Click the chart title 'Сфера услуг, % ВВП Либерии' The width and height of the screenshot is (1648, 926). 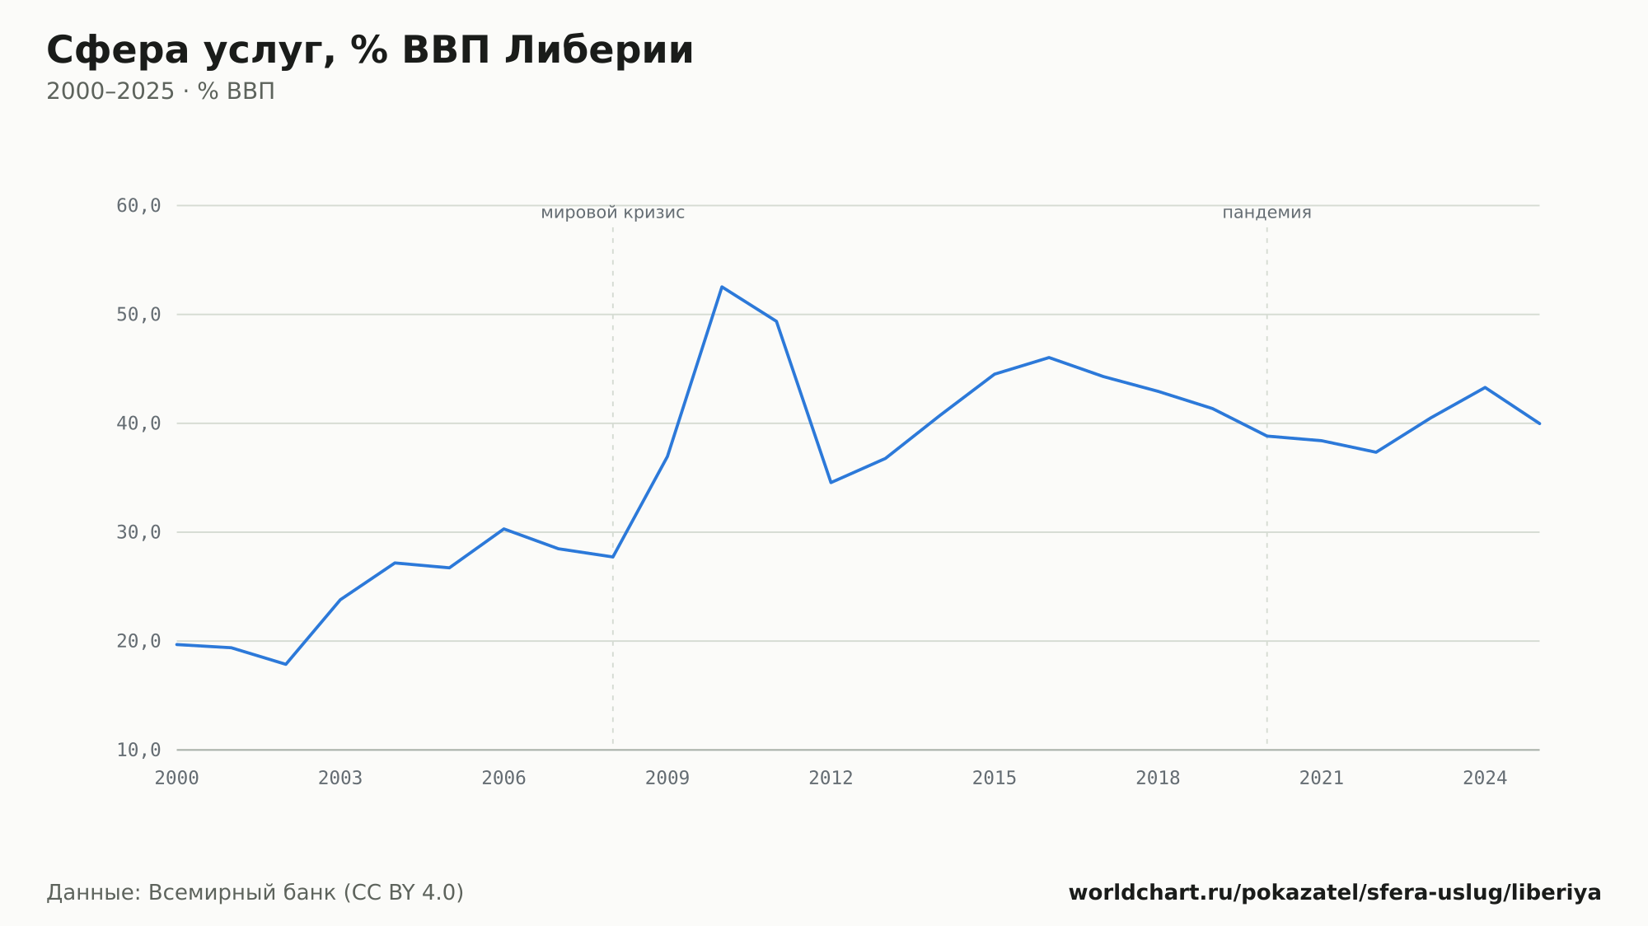pos(370,51)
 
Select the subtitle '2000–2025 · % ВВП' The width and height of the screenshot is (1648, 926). pos(161,91)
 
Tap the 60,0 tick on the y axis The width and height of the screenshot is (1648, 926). pos(138,206)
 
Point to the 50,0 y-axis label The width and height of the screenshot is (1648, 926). pos(138,315)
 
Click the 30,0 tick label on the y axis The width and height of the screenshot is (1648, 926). pos(138,532)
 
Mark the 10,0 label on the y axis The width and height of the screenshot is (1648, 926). pos(138,750)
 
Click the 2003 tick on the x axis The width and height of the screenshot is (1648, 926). pos(340,779)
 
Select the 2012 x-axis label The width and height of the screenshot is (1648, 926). pos(831,779)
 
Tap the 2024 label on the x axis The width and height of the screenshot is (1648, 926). pos(1485,779)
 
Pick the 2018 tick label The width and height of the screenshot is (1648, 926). pos(1158,779)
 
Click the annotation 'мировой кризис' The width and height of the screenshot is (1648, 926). pos(612,213)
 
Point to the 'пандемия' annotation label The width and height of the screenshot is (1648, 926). pos(1266,213)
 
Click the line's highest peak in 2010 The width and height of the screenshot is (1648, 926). pos(722,287)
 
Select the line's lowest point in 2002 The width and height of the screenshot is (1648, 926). pos(286,664)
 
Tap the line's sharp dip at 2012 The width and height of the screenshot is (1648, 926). pos(831,482)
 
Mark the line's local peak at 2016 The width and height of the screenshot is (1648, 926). pos(1049,358)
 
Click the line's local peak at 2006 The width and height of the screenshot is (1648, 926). pos(503,529)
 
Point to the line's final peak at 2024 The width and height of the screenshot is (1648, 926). pos(1485,387)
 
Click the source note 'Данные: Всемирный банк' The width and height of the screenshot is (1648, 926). pos(192,893)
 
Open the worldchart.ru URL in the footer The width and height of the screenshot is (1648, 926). pos(1335,893)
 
